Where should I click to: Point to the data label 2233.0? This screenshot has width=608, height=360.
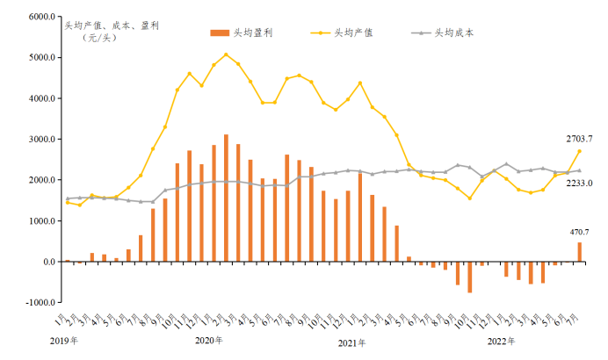coord(579,183)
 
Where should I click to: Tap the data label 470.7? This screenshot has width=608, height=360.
coord(581,231)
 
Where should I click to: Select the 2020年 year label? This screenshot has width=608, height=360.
coord(208,340)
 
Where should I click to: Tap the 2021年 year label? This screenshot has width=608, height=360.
coord(352,340)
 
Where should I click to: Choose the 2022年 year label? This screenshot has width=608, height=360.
coord(502,340)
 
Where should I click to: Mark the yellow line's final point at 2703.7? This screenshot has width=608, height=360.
coord(579,151)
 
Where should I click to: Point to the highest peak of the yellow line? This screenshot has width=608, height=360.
coord(226,54)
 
